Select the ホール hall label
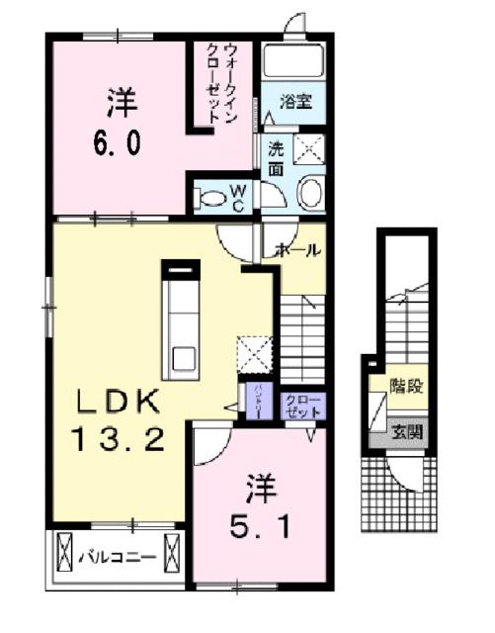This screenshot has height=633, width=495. (299, 250)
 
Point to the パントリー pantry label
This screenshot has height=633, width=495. (255, 401)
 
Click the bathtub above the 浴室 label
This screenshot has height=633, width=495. (294, 63)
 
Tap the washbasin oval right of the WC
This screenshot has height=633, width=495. (310, 192)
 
